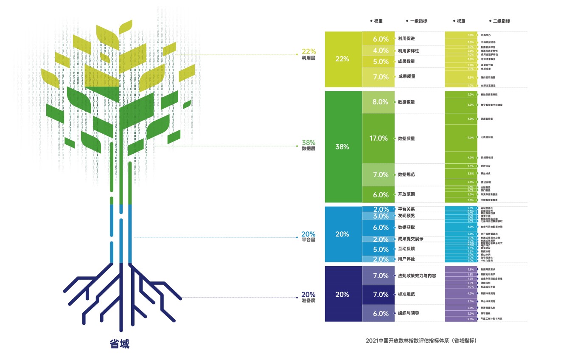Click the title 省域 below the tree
pos(119,343)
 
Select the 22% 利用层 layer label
pos(308,54)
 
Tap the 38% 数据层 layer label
pos(308,145)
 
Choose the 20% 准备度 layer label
pos(308,297)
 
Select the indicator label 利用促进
pos(406,39)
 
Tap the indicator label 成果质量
pos(406,76)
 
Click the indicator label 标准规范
pos(406,294)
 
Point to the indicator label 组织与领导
pos(408,313)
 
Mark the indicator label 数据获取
pos(406,228)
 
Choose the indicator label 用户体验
pos(406,259)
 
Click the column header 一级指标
pos(418,21)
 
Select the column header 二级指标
pos(501,21)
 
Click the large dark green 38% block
pos(343,146)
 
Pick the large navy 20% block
pos(343,294)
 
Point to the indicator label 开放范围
pos(406,194)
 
